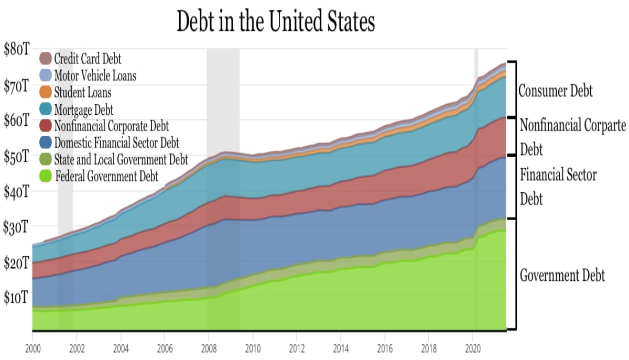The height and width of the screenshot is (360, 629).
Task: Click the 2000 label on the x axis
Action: coord(32,348)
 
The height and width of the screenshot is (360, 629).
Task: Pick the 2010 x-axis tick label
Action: coord(253,348)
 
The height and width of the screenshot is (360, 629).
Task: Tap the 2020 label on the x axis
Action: coord(473,348)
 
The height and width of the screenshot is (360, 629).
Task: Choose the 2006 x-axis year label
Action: coord(165,348)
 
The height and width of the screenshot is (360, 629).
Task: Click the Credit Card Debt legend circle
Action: coord(46,59)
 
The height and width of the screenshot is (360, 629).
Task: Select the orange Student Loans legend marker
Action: coord(46,92)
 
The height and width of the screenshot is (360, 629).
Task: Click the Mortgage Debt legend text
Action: coord(83,109)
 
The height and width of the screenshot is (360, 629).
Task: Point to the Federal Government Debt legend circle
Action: coord(46,176)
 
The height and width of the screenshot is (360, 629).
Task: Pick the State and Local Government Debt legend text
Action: coord(121,159)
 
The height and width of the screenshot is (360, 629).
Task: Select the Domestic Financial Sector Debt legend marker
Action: coord(46,143)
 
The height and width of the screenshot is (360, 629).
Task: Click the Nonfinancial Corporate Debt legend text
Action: coord(111,126)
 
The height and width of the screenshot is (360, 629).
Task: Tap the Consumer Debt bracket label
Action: coord(555,91)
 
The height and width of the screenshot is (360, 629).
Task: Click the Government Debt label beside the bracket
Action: coord(562,275)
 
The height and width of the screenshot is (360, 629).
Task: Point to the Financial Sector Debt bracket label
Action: coord(558,187)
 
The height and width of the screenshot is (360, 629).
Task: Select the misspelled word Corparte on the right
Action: coord(603,126)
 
